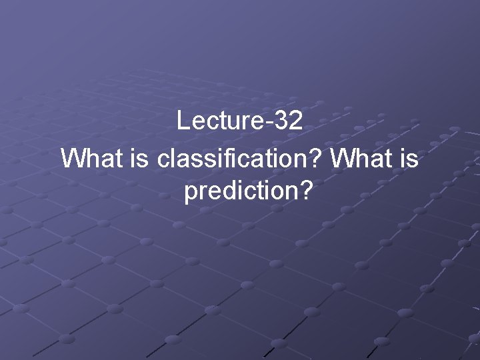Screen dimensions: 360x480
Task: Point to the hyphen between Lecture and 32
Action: click(273, 123)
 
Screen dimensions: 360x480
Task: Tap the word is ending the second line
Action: click(410, 159)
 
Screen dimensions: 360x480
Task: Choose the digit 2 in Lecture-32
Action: click(297, 121)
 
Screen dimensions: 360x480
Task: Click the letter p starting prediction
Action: click(190, 195)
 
